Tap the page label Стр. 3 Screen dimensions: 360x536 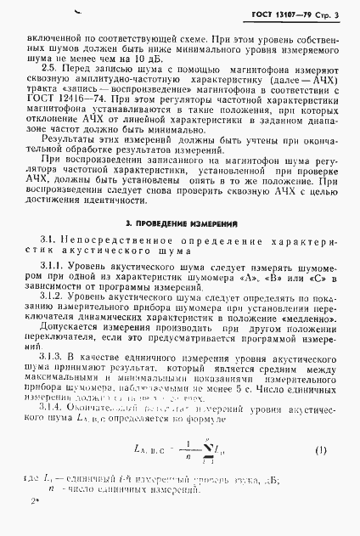click(328, 16)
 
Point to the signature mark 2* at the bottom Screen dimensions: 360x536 click(33, 524)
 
